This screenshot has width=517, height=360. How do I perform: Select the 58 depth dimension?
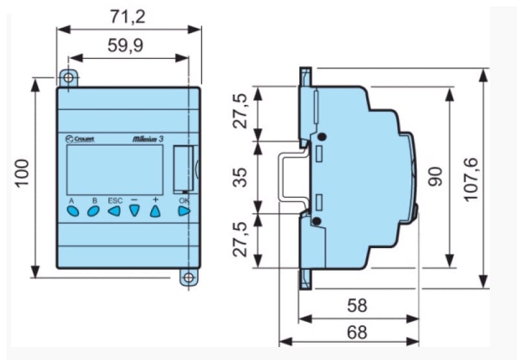point(356,306)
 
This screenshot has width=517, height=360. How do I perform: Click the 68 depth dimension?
point(356,333)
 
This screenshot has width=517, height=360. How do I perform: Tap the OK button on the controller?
point(184,210)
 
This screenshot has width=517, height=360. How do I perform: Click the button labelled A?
point(72,210)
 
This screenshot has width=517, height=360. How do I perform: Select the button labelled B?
point(93,210)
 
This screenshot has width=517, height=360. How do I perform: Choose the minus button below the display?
point(134,210)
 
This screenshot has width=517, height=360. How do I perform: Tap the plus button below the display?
point(155,210)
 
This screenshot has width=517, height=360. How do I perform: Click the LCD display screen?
point(115,170)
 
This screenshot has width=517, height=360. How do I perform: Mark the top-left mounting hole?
point(68,78)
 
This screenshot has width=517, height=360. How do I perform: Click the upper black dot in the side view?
point(321,138)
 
